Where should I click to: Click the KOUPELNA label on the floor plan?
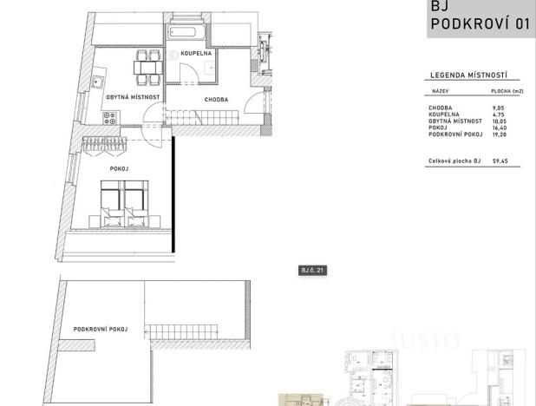[198, 53]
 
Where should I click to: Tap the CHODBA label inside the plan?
[216, 100]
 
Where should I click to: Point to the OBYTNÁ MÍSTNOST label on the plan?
[133, 97]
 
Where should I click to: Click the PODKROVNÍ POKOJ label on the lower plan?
[101, 330]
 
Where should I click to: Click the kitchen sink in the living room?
[99, 83]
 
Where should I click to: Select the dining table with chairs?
[148, 65]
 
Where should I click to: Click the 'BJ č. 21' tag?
[312, 271]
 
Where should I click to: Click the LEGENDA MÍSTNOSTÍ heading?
[468, 76]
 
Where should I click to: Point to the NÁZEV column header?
[441, 90]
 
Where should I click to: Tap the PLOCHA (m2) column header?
[507, 90]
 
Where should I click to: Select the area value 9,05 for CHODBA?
[499, 108]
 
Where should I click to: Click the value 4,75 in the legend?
[499, 115]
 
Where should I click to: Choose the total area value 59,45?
[500, 160]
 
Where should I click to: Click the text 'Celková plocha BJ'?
[454, 160]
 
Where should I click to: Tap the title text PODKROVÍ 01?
[480, 24]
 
